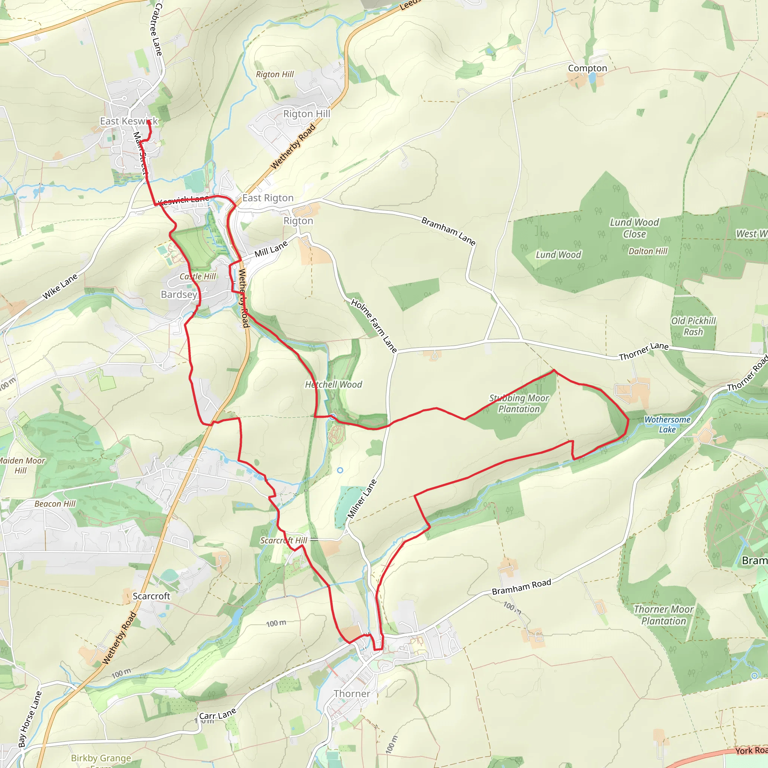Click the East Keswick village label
click(128, 121)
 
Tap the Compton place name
click(587, 68)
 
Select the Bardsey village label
click(179, 294)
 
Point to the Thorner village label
click(352, 694)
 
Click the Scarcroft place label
click(151, 596)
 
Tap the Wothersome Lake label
click(667, 424)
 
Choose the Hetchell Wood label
click(333, 384)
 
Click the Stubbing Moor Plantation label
click(519, 403)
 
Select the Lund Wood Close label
click(634, 228)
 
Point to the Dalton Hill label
click(648, 251)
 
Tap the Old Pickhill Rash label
click(693, 326)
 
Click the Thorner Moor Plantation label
click(663, 615)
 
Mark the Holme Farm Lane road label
click(373, 326)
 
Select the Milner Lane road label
click(362, 499)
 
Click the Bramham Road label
click(521, 587)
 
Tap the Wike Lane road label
click(60, 286)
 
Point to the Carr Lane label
click(217, 715)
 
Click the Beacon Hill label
click(55, 504)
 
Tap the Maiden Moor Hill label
click(22, 465)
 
